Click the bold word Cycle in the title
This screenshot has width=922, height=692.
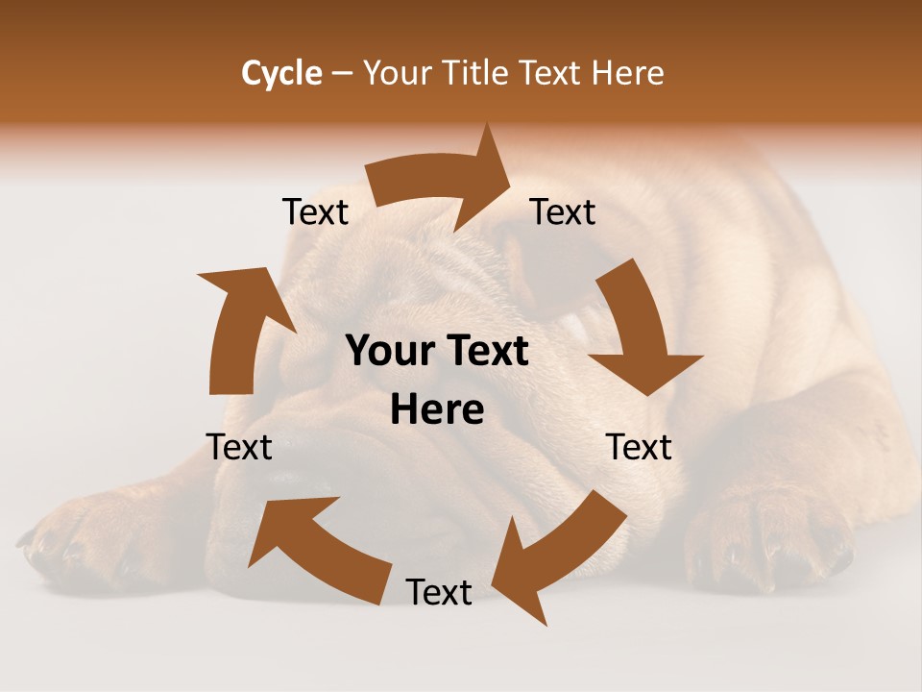click(x=281, y=73)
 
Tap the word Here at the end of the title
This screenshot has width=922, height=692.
click(x=627, y=73)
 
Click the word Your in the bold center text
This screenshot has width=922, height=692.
click(x=390, y=352)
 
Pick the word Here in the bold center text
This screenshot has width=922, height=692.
click(x=437, y=410)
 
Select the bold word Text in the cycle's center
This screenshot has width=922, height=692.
click(x=490, y=352)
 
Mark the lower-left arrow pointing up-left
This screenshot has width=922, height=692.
click(x=316, y=549)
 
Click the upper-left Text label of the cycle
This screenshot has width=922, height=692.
click(x=315, y=212)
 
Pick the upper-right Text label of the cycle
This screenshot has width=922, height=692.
click(x=563, y=212)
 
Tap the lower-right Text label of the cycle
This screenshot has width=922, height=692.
click(x=640, y=447)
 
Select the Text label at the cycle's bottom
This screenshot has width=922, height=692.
click(x=439, y=593)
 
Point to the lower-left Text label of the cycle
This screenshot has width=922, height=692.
click(x=239, y=447)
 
